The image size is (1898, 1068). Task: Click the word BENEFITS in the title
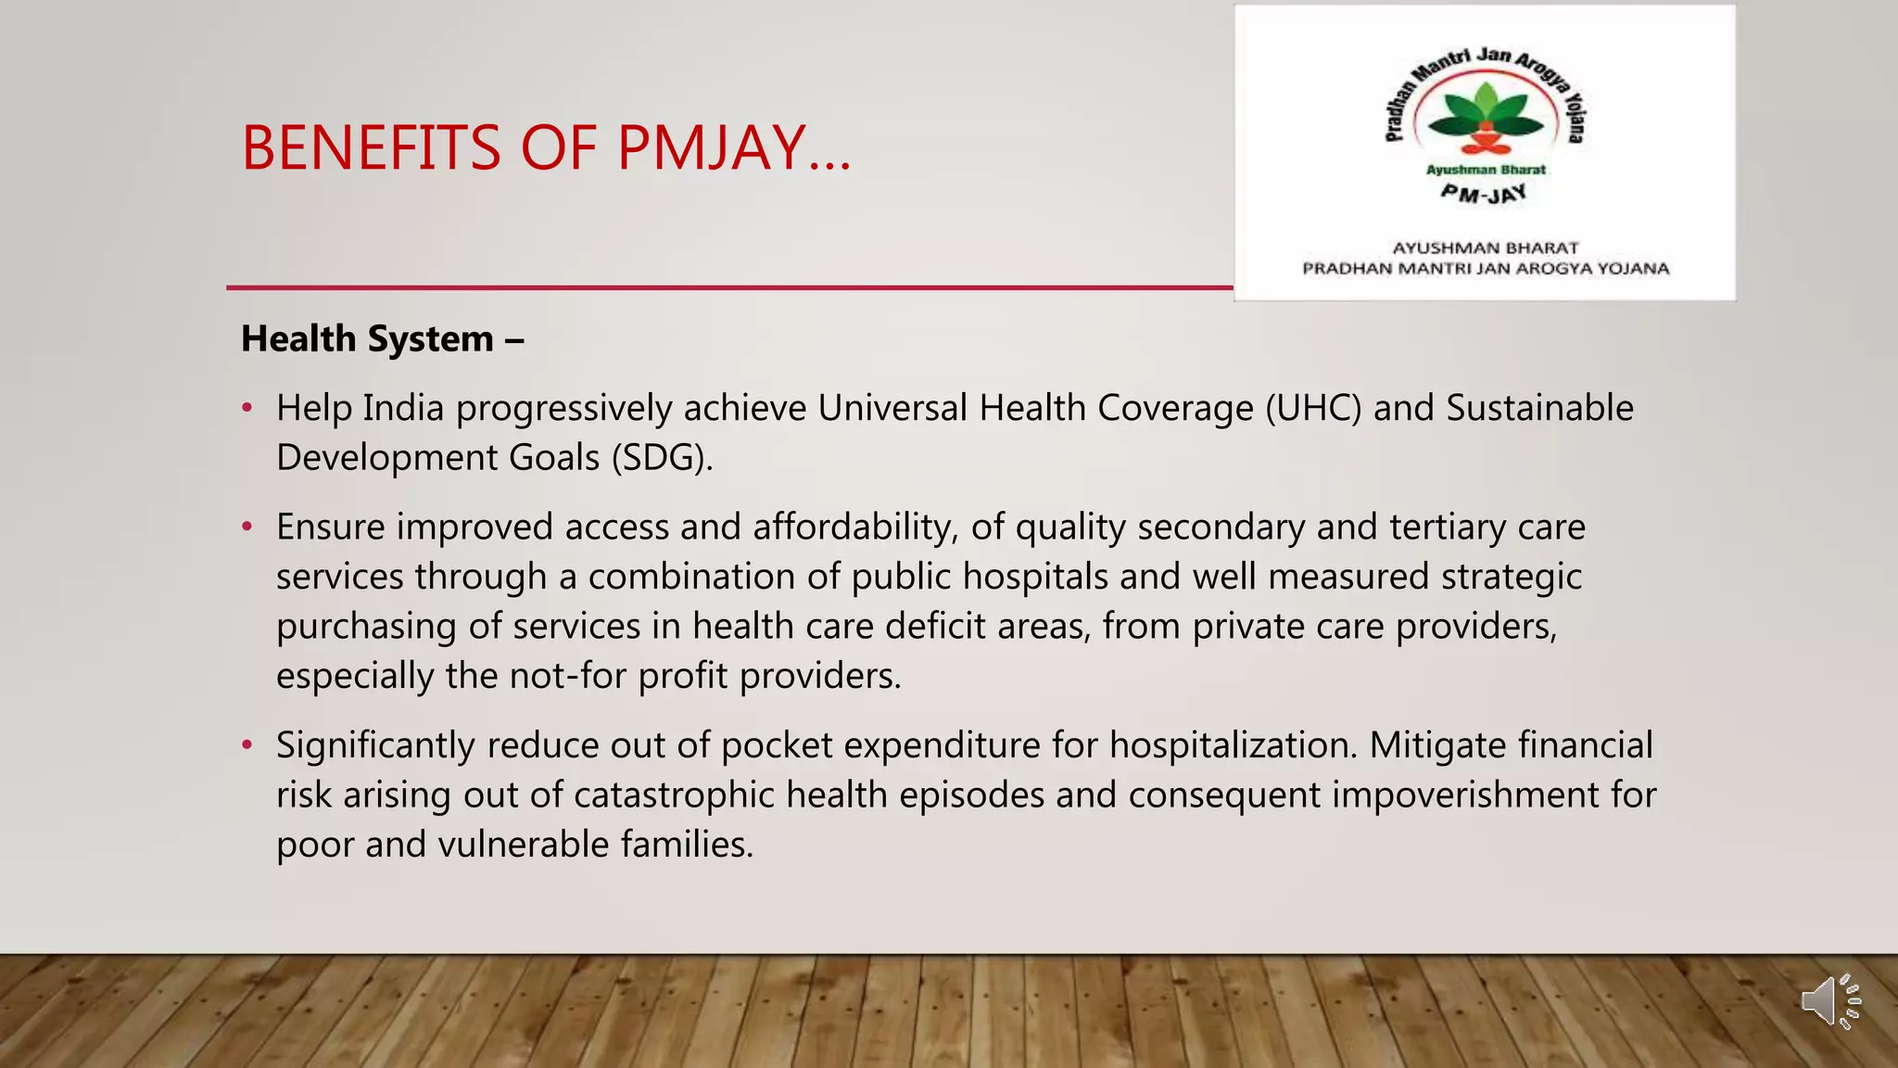pos(371,148)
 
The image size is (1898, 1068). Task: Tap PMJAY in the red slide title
pos(711,148)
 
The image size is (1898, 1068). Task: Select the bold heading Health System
pos(368,339)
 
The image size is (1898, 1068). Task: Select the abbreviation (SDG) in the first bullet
pos(662,458)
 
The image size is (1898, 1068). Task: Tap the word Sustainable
pos(1539,409)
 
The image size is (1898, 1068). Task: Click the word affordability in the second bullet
pos(853,528)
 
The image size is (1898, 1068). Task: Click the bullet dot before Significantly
pos(247,745)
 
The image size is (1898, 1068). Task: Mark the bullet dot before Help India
pos(247,408)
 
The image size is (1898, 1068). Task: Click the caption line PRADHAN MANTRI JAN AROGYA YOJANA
pos(1485,269)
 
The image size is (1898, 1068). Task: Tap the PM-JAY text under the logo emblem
pos(1484,194)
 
